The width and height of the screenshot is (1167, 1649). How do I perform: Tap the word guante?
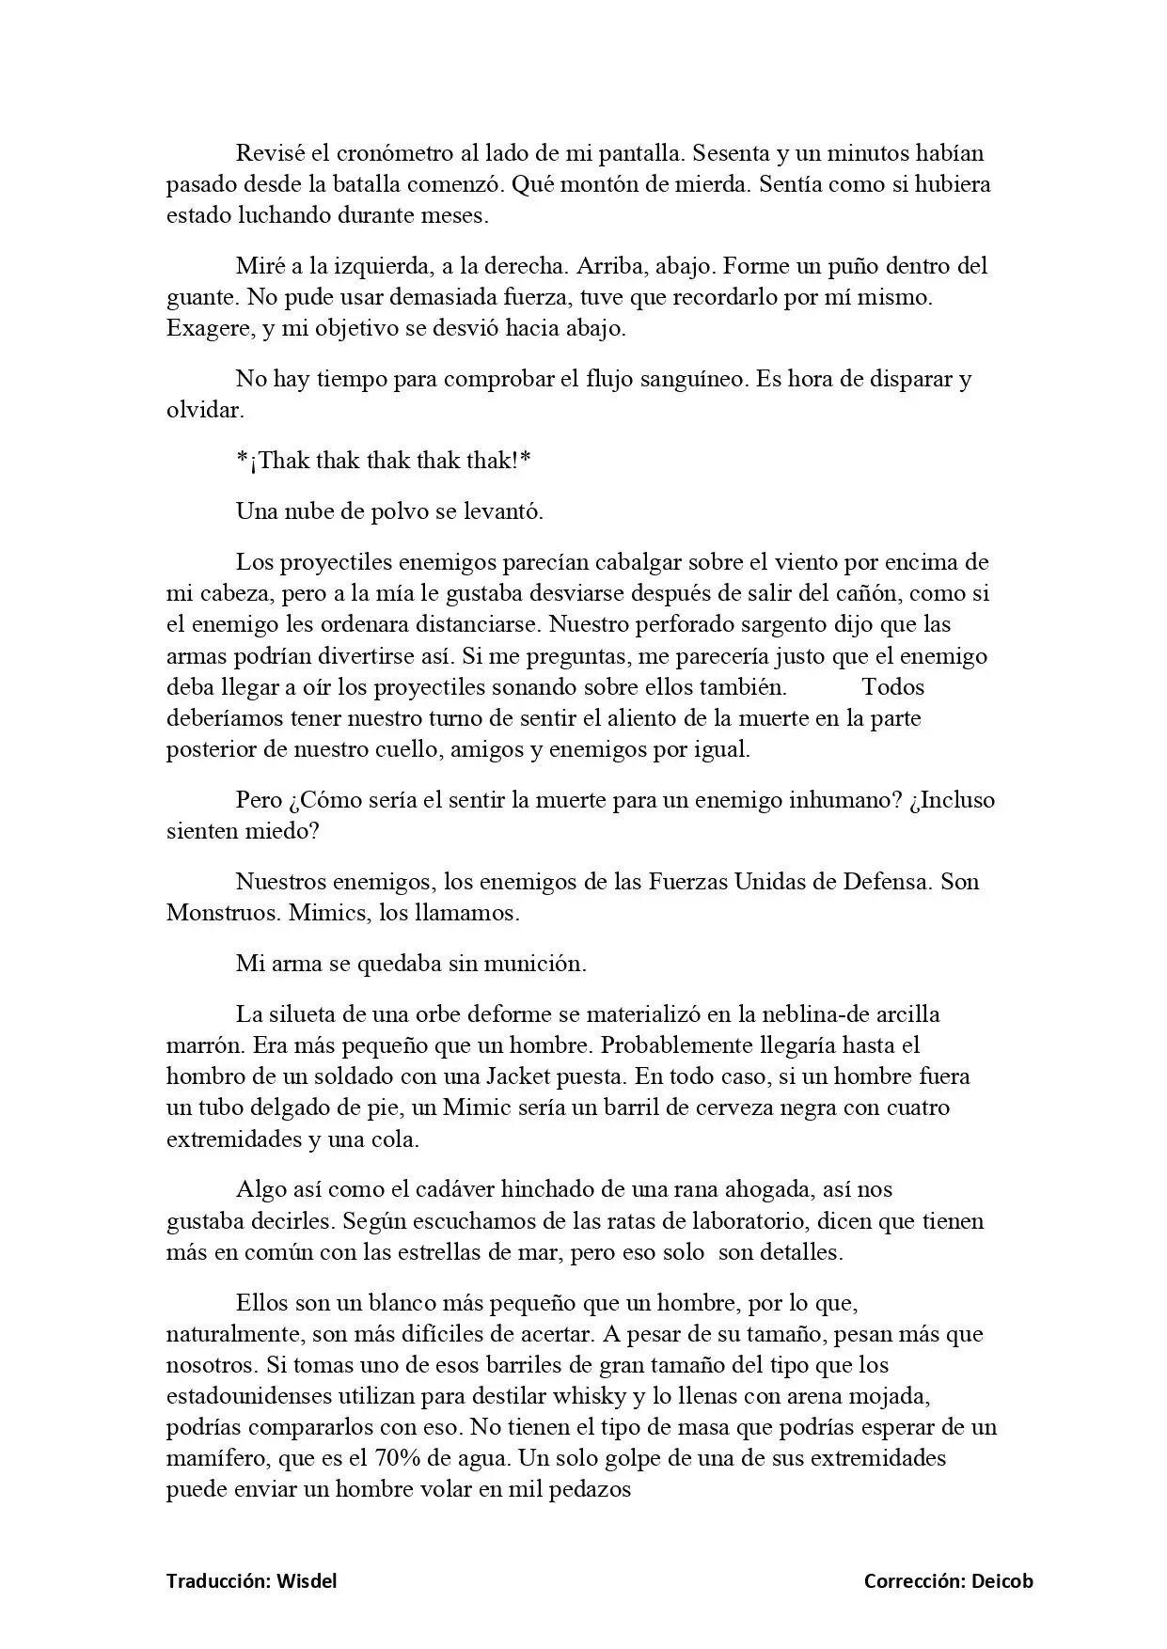pos(199,297)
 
